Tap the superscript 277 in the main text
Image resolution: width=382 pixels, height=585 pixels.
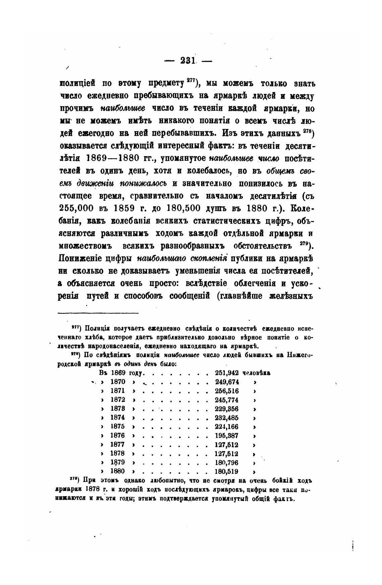pos(191,80)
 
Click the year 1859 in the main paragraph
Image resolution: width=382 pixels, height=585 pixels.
pos(125,207)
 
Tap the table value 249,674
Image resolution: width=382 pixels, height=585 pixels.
pos(226,382)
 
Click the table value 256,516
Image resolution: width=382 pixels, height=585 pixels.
pos(226,391)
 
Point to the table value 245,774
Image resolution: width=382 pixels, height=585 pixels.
pos(226,400)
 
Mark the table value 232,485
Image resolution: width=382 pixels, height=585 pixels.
pos(226,417)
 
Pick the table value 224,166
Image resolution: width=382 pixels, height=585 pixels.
pos(226,427)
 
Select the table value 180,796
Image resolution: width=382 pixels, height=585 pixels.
pos(226,462)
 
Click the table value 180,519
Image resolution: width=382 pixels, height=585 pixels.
pos(226,471)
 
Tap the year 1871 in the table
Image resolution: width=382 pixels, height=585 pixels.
pos(118,391)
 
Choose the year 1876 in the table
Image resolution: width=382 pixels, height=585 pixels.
pos(118,436)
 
